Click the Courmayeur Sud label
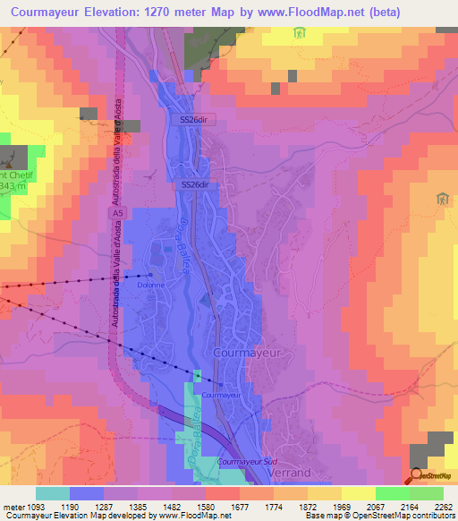coord(246,461)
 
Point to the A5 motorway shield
coord(115,215)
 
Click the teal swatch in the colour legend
coord(53,493)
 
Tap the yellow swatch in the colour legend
coord(359,493)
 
